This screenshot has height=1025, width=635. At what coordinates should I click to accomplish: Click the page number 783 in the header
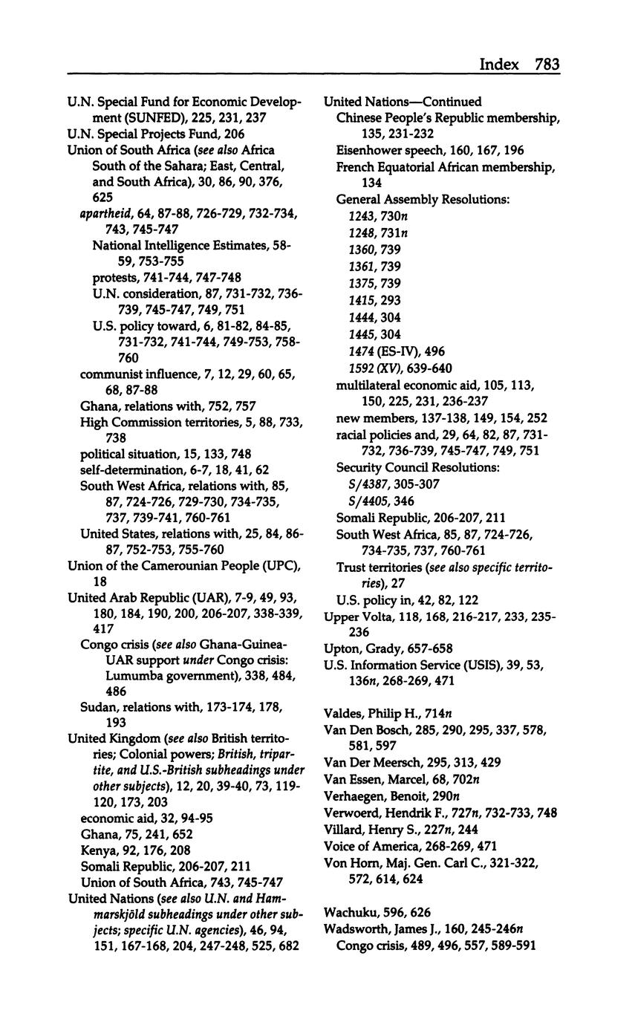coord(546,65)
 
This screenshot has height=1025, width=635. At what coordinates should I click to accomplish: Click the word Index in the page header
coord(499,65)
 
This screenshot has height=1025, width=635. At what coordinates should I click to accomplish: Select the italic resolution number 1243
coord(362,216)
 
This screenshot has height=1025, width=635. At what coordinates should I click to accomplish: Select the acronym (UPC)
coord(279,567)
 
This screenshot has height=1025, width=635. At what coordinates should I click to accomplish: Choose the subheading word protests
coord(116,278)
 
